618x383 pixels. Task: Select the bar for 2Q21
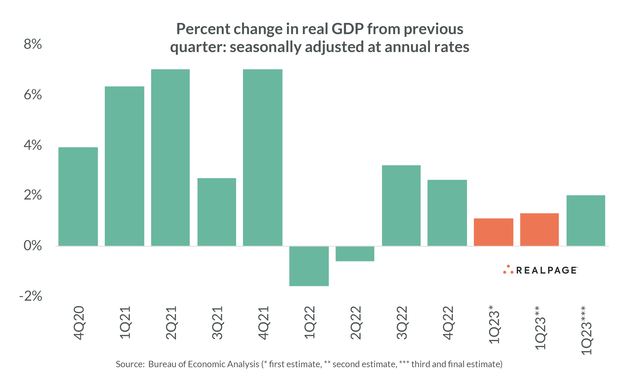(x=170, y=157)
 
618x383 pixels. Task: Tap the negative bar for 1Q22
(x=309, y=266)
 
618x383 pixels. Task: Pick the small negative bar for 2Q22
(x=355, y=253)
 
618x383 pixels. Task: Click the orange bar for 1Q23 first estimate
(x=494, y=232)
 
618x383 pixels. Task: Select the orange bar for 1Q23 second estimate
(x=539, y=230)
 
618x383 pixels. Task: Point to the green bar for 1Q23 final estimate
(x=586, y=220)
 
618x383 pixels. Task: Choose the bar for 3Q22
(x=401, y=205)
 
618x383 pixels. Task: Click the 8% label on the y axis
(x=33, y=44)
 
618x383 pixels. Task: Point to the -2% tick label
(x=31, y=296)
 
